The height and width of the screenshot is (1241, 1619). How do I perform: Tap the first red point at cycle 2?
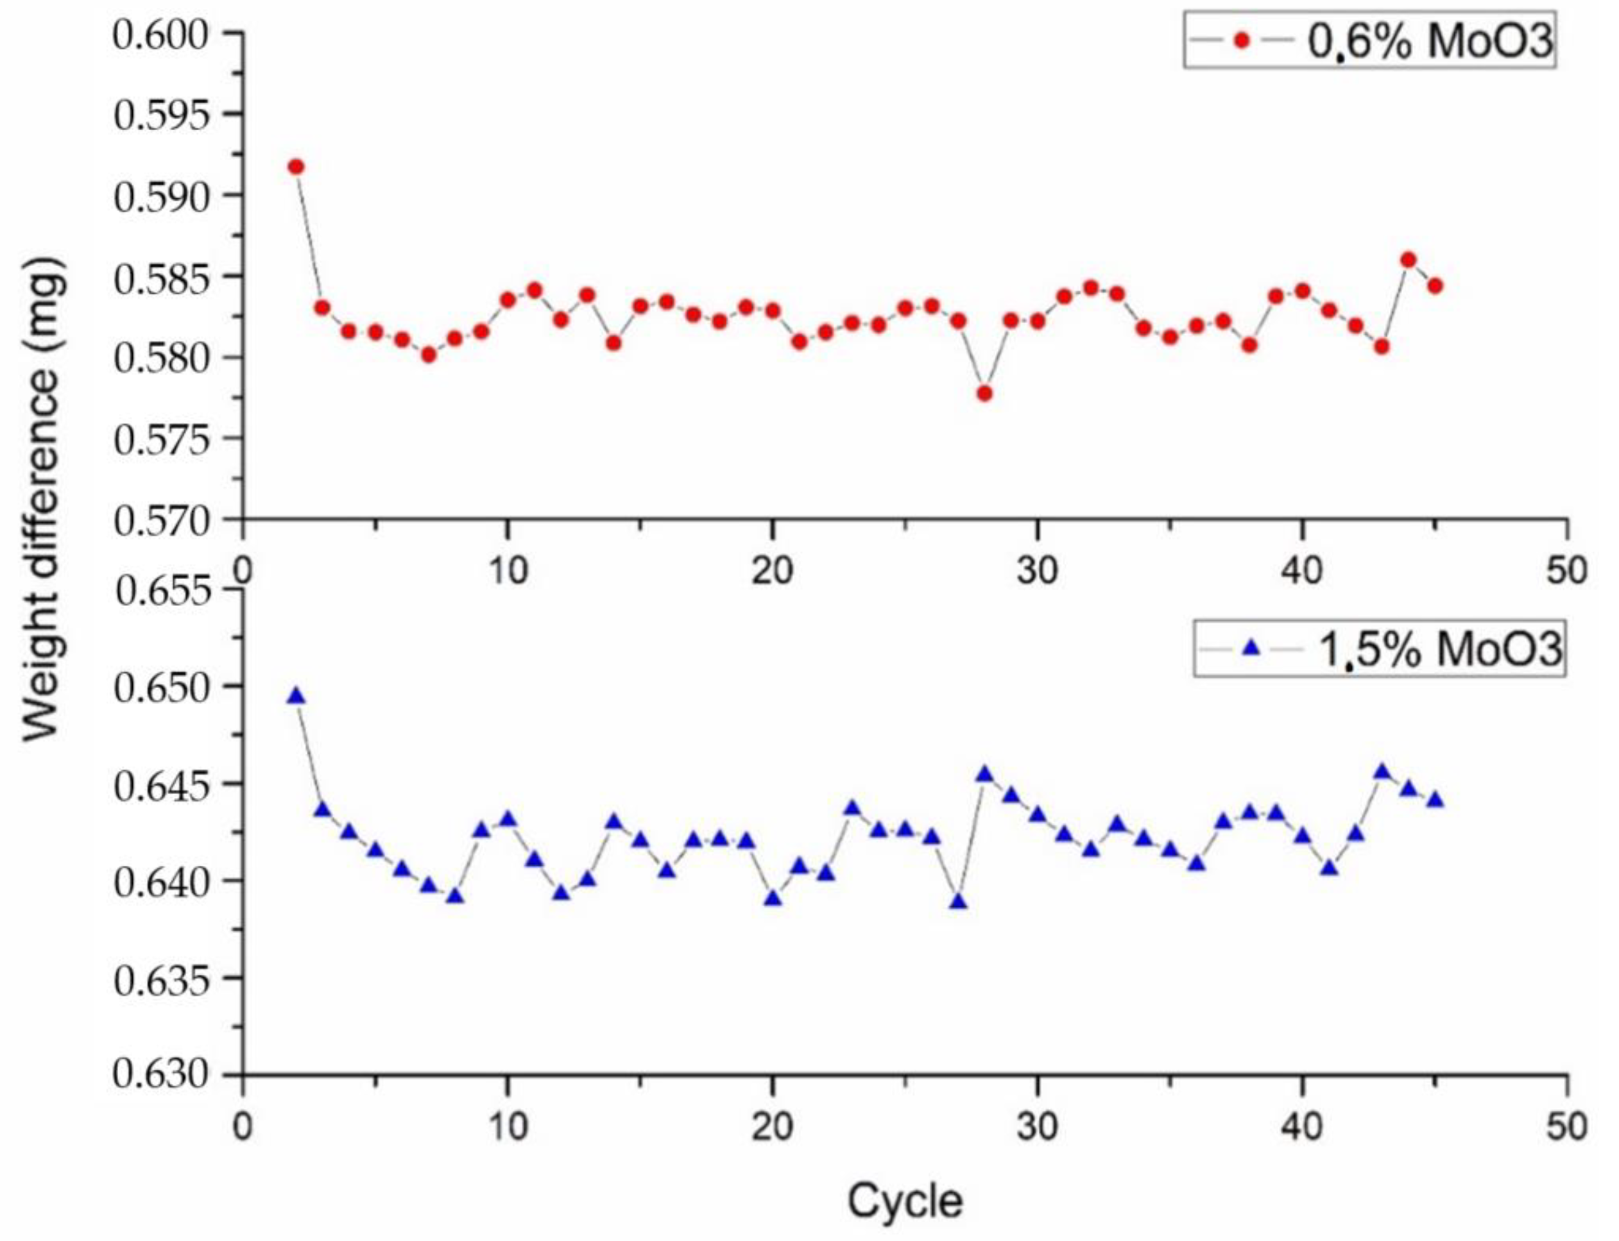(x=296, y=167)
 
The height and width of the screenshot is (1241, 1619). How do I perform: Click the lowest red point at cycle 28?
(x=984, y=394)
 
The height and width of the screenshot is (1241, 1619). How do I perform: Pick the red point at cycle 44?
(x=1409, y=260)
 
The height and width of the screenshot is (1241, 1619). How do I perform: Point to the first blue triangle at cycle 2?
(x=296, y=696)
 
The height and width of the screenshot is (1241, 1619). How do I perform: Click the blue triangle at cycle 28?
(x=984, y=774)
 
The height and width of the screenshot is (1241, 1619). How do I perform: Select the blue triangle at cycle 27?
(x=959, y=902)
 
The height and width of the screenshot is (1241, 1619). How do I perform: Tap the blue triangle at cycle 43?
(x=1382, y=773)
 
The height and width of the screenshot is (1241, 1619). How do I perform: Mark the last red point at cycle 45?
(x=1434, y=286)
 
